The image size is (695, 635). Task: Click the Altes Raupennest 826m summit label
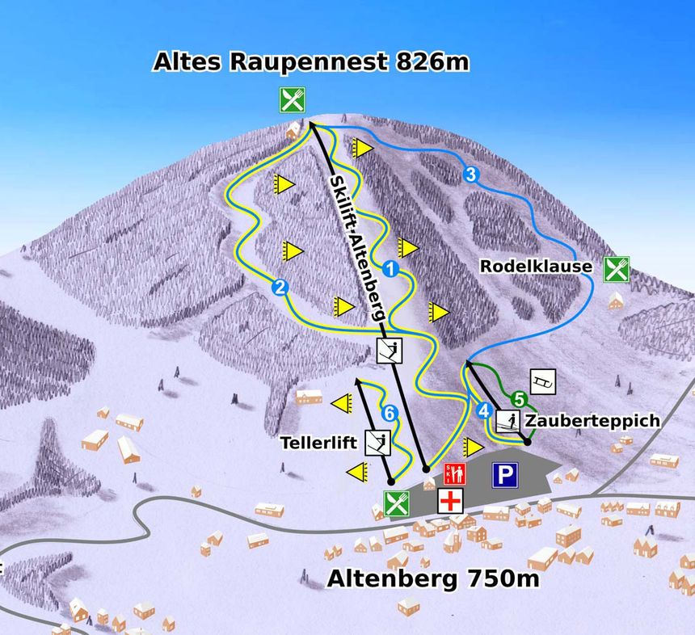(x=311, y=62)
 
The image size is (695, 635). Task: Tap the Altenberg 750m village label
(x=432, y=578)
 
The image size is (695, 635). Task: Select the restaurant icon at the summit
(x=293, y=100)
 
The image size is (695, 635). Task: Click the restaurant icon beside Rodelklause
(x=617, y=269)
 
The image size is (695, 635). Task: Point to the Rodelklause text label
(x=536, y=266)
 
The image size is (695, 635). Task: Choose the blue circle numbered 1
(x=391, y=269)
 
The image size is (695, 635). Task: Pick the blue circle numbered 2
(x=280, y=286)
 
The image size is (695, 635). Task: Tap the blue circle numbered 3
(x=470, y=174)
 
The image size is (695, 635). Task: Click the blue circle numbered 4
(x=484, y=410)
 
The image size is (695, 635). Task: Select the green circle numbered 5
(x=519, y=398)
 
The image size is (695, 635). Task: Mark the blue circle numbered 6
(x=390, y=414)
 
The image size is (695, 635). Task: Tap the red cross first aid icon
(x=450, y=501)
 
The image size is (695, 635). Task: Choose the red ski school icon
(x=453, y=474)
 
